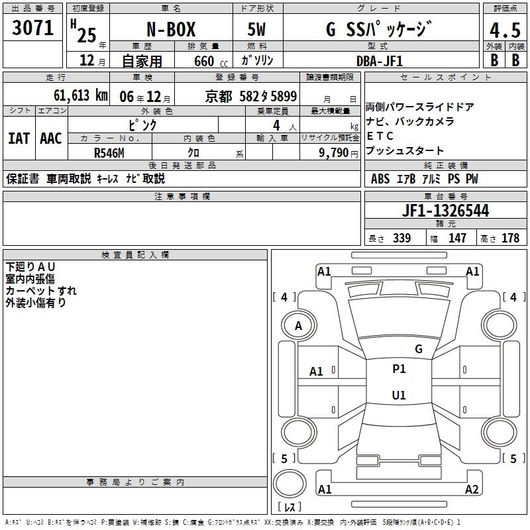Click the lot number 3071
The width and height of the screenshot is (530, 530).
click(32, 28)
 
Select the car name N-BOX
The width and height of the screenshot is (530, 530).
click(171, 29)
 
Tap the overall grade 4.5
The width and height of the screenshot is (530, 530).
click(505, 30)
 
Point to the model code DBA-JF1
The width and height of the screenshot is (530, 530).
click(380, 61)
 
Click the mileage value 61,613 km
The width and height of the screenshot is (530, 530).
click(81, 95)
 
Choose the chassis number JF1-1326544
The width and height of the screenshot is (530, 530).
click(445, 211)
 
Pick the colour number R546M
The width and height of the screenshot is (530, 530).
click(109, 153)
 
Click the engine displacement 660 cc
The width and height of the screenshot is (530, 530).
click(211, 62)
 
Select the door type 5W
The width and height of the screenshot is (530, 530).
click(256, 29)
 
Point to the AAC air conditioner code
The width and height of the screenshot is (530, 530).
click(51, 138)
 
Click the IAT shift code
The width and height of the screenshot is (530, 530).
click(19, 138)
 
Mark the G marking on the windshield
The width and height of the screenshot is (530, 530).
click(419, 348)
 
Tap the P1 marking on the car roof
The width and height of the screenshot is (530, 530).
click(399, 369)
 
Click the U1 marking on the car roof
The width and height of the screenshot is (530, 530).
click(399, 395)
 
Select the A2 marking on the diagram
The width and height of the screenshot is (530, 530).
click(472, 489)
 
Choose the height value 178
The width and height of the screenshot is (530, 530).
click(510, 238)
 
